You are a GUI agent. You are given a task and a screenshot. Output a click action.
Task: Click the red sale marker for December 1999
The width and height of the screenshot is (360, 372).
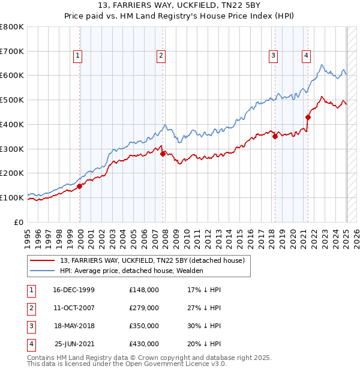pos(80,186)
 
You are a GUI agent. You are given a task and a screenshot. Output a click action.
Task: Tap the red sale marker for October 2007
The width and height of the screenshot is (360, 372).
pos(163,154)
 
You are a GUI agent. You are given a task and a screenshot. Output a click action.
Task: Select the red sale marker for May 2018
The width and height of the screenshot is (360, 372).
pos(275,136)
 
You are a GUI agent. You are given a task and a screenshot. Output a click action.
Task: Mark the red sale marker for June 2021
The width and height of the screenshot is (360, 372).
pos(308,117)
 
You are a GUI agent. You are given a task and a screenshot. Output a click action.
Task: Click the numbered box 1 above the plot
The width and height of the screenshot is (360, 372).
pos(79,56)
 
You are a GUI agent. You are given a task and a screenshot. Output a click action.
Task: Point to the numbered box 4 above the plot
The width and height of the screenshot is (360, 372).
pos(306,56)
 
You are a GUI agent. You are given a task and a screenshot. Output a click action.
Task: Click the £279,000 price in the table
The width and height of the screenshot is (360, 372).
pos(144,308)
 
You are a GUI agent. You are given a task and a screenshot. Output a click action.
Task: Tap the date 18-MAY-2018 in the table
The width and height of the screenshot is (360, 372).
pos(74,326)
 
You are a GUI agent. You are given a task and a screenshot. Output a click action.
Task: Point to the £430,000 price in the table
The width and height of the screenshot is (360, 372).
pos(144,344)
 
